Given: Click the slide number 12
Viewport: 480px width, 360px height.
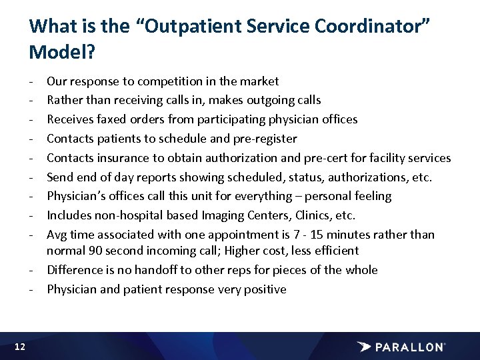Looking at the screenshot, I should (19, 346).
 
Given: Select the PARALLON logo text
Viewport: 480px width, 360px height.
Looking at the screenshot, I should (411, 347).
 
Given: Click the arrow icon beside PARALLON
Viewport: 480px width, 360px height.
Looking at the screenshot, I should (365, 347).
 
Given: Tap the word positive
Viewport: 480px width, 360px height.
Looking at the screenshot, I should (261, 289).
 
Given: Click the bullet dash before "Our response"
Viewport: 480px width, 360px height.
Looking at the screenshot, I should (33, 81).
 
